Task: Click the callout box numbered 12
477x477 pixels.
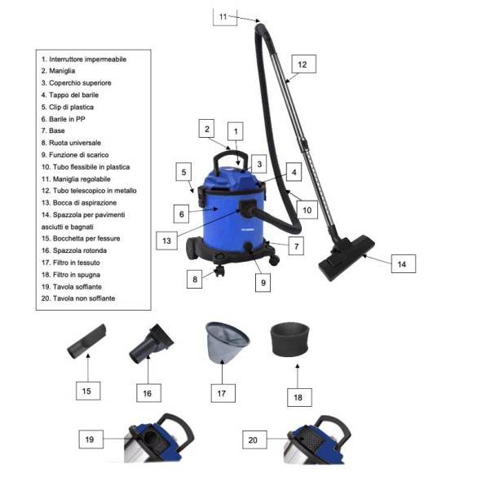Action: coord(303,64)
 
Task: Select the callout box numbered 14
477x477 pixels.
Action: coord(403,263)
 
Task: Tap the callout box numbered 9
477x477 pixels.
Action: coord(263,283)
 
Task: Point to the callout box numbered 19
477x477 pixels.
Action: coord(91,439)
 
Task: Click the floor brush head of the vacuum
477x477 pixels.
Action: coord(347,257)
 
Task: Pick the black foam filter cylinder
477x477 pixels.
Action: coord(289,339)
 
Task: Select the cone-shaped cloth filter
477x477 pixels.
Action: coord(227,342)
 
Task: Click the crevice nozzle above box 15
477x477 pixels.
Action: coord(87,342)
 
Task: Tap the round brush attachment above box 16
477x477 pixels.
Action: coord(152,343)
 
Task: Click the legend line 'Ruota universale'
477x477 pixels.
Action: coord(71,143)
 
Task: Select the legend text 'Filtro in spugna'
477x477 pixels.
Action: coord(71,275)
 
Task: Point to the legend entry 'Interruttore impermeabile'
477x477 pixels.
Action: coord(84,60)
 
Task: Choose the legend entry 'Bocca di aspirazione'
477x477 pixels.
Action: coord(79,202)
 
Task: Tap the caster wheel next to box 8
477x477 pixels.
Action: coord(219,271)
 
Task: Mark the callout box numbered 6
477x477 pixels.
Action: coord(181,214)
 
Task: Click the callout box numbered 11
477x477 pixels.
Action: coord(225,17)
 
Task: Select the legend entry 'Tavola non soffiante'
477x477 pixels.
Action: coord(78,298)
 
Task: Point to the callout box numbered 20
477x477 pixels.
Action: coord(254,439)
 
